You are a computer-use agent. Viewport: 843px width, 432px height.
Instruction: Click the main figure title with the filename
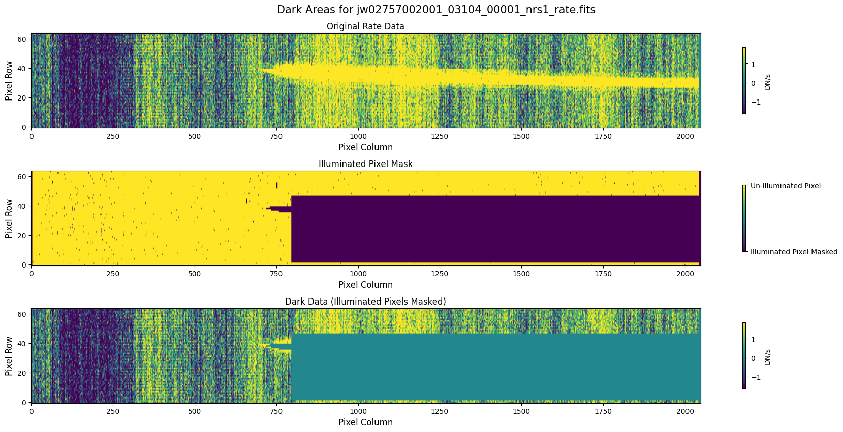436,10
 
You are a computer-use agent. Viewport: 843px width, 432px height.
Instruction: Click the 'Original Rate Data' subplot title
365,26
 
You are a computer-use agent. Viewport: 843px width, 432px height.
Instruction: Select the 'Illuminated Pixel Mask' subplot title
365,164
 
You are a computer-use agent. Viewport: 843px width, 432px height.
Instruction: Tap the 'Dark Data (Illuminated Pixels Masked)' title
365,302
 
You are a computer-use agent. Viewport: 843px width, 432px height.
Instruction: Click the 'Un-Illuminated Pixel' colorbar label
785,186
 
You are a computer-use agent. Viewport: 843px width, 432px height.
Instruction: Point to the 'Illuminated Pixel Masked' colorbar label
794,252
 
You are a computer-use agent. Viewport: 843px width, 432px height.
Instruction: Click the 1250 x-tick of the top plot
440,136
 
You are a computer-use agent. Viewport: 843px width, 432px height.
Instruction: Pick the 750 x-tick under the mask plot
276,274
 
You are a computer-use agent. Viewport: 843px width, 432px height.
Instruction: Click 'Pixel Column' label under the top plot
365,147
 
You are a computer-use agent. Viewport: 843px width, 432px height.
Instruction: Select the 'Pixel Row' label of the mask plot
9,218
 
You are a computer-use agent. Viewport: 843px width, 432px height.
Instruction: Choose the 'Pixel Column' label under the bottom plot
365,422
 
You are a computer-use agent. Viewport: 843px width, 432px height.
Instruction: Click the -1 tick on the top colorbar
753,102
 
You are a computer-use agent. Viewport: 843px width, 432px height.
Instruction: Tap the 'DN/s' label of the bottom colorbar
767,357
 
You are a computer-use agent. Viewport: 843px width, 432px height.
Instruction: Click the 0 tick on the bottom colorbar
753,358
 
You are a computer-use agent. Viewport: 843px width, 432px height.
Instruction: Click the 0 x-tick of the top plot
32,136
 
